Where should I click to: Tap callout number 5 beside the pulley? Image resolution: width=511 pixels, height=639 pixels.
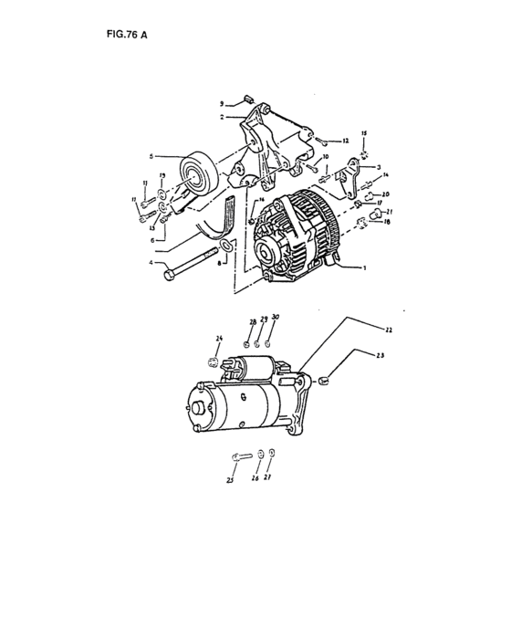[152, 156]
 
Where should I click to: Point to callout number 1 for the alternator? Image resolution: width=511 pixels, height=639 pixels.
[366, 268]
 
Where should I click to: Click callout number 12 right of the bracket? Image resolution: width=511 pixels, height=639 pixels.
[347, 142]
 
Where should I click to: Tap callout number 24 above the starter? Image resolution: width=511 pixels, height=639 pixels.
[219, 340]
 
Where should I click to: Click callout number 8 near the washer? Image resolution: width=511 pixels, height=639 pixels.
[220, 263]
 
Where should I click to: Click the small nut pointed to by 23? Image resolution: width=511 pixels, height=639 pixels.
[323, 379]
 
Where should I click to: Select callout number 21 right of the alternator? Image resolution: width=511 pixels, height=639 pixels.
[389, 211]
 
